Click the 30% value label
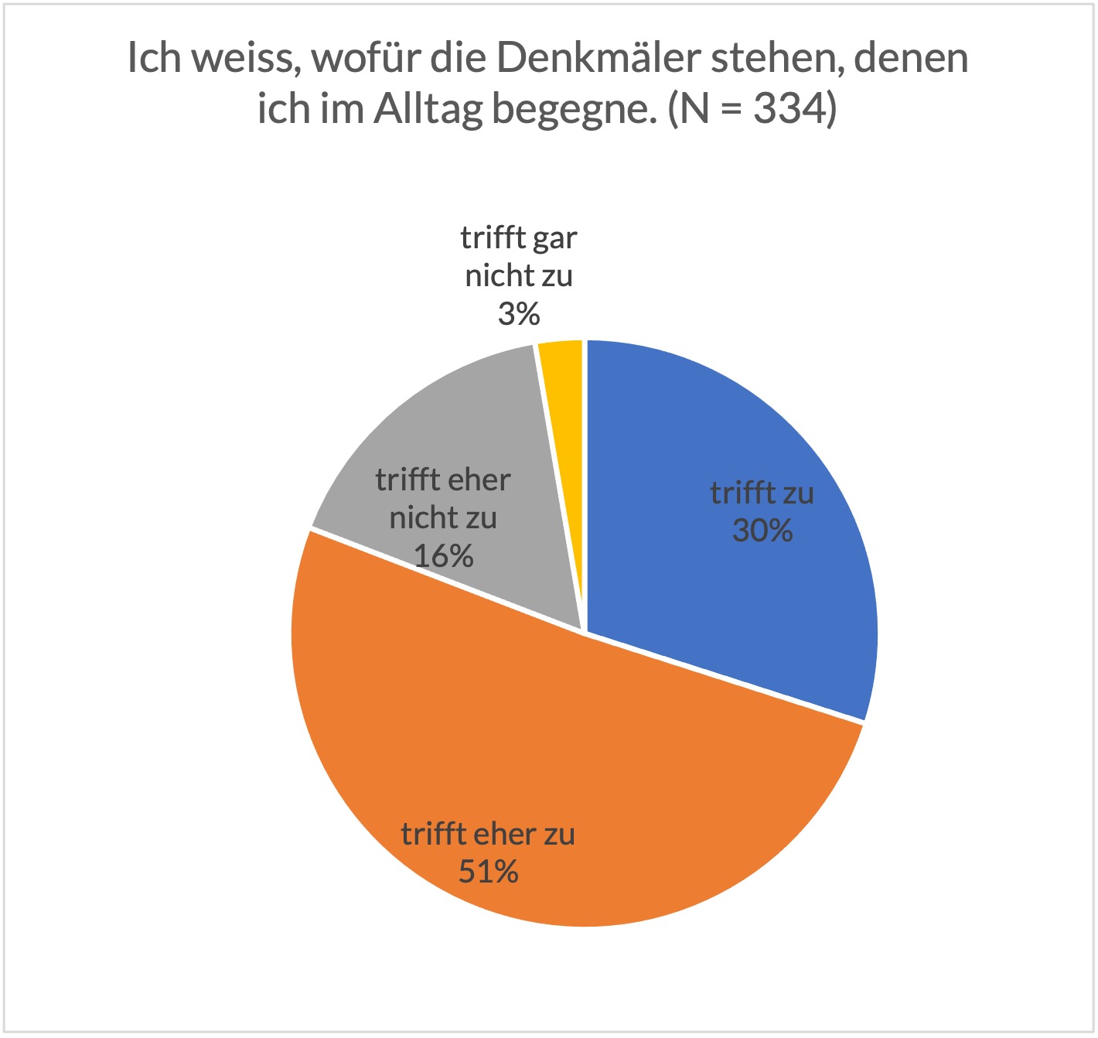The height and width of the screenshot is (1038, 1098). [762, 531]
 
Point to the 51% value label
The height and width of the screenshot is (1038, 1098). [488, 872]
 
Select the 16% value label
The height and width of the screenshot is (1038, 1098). [443, 555]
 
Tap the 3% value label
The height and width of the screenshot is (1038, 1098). [518, 314]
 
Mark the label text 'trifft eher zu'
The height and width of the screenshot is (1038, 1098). [488, 835]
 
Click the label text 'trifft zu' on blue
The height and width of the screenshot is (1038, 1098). [762, 493]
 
